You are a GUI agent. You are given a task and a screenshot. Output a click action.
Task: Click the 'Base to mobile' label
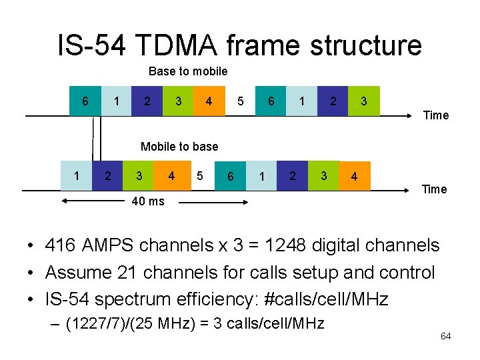[188, 71]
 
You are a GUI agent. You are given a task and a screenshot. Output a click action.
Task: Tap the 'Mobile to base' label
[179, 147]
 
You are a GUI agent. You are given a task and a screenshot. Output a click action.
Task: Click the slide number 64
[445, 336]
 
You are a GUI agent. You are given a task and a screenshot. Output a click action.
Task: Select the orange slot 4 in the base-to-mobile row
[209, 101]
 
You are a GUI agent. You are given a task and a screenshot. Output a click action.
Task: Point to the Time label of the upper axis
[436, 115]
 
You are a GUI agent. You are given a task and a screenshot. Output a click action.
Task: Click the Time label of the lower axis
[434, 189]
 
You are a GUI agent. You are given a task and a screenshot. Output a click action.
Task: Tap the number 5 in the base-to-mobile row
[240, 101]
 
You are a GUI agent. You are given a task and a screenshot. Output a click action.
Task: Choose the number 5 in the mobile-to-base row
[199, 176]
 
